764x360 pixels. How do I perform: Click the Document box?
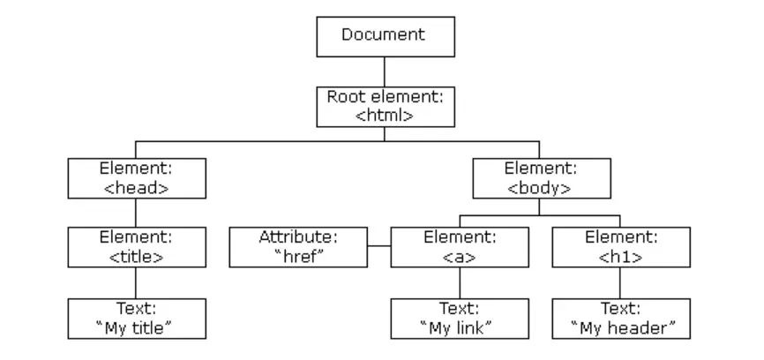click(385, 36)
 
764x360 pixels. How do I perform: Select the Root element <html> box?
click(385, 106)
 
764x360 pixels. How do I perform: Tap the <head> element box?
click(136, 177)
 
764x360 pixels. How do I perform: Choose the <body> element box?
click(540, 177)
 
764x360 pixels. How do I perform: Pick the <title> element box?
click(136, 247)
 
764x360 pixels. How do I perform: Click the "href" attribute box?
click(298, 247)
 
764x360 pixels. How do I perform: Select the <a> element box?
click(460, 247)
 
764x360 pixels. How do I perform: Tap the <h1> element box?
click(620, 247)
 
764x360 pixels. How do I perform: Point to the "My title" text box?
click(136, 319)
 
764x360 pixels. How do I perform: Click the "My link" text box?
click(460, 319)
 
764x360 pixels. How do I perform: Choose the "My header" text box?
click(620, 319)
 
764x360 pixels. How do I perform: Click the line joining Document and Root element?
click(385, 71)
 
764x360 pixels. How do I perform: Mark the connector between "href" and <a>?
click(378, 247)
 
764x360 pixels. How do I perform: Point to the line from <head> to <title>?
click(136, 212)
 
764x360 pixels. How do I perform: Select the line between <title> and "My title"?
click(136, 282)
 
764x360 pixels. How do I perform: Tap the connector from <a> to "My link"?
click(460, 282)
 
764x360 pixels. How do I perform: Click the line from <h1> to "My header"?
click(620, 282)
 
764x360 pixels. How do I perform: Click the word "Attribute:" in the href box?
click(298, 237)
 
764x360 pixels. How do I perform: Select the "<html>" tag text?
click(385, 115)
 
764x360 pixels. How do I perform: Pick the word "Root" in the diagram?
click(344, 96)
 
